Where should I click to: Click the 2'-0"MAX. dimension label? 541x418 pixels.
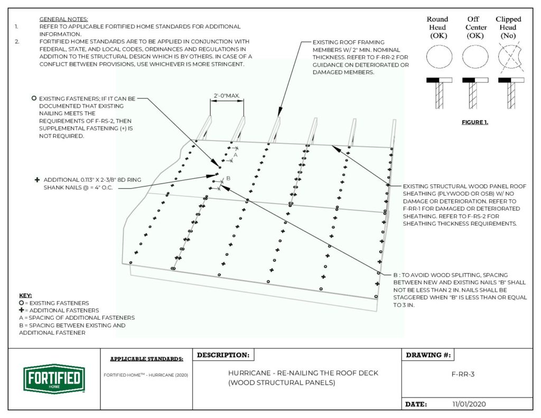pos(227,96)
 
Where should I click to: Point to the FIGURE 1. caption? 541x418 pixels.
pos(474,123)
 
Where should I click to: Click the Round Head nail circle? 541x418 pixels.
pos(437,57)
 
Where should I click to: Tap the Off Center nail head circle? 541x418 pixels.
pos(473,57)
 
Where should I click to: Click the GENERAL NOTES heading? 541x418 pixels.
pos(64,19)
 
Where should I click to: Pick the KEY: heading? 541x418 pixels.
pos(25,295)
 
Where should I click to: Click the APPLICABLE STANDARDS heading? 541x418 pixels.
pos(147,359)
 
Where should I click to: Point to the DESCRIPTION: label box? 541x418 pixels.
pos(223,355)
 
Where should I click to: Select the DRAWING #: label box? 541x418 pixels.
pos(428,355)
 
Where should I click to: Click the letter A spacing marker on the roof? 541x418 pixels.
pos(236,155)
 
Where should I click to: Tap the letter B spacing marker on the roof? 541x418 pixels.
pos(228,179)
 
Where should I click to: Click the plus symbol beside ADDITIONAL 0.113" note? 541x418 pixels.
pos(37,180)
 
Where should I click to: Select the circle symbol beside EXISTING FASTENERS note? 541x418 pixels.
pos(34,98)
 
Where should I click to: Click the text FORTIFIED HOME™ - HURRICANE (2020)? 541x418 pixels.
pos(147,375)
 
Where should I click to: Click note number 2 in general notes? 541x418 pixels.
pos(16,41)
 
